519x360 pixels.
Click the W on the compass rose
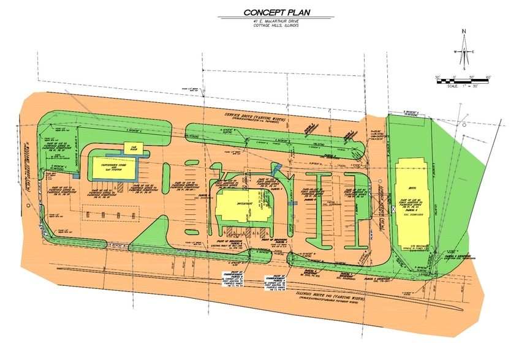tap(455, 52)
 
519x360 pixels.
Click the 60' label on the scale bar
tap(488, 77)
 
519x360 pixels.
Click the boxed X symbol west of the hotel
tap(393, 208)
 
